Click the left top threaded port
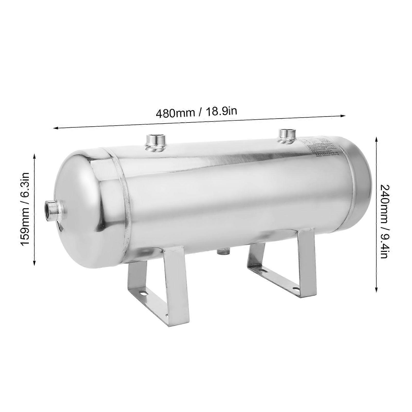(155, 142)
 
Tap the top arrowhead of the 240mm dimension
(376, 139)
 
